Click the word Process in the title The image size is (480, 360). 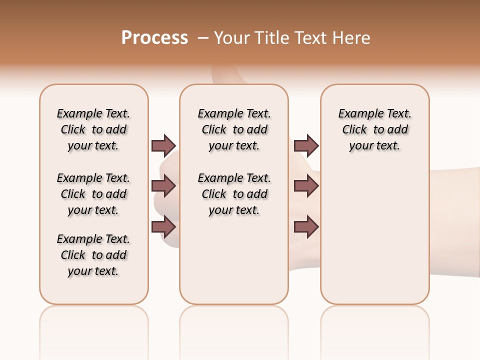coord(154,38)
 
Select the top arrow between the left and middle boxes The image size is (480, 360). coord(163,145)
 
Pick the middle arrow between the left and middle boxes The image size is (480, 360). coord(163,186)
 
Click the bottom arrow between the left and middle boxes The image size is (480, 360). coord(163,227)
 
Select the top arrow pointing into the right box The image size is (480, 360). coord(306,145)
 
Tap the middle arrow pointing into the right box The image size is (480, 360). coord(306,186)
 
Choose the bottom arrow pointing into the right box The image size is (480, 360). coord(306,227)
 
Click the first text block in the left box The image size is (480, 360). coord(93,129)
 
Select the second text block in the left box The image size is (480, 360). coord(93,194)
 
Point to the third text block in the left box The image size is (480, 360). coord(93,255)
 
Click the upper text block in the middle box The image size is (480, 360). coord(234,129)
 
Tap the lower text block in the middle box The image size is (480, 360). coord(234,194)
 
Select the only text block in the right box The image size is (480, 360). coord(374,129)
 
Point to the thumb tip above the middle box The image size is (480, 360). coord(225,75)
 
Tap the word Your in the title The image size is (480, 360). coord(231,38)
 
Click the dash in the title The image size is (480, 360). coord(203,37)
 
